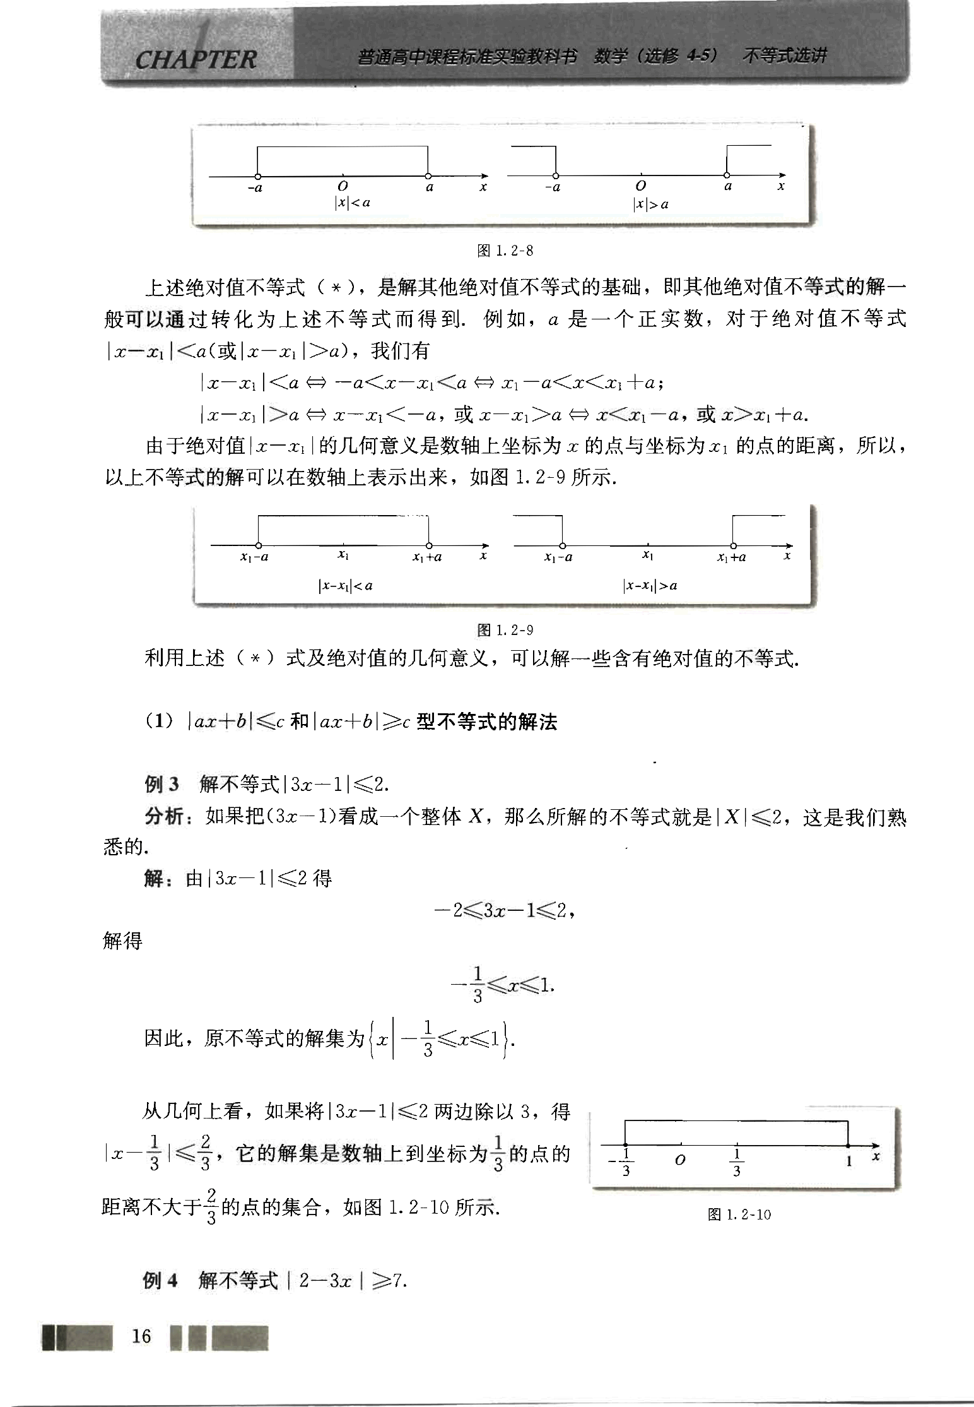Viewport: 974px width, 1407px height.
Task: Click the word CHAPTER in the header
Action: click(x=196, y=59)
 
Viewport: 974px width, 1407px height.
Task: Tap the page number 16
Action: click(x=141, y=1336)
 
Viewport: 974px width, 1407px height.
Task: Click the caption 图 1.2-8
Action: click(x=505, y=251)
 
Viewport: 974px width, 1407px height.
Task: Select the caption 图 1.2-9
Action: click(x=505, y=629)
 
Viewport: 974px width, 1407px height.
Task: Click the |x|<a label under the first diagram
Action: click(x=352, y=203)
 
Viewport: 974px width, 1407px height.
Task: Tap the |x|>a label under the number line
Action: click(x=650, y=204)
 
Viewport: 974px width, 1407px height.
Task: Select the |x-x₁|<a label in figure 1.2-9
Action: click(x=345, y=585)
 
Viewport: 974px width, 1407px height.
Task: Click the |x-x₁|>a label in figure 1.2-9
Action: click(x=650, y=585)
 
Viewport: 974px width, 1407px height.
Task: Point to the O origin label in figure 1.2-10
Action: click(x=679, y=1160)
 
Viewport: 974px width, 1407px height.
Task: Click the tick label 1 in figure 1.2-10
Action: click(x=848, y=1160)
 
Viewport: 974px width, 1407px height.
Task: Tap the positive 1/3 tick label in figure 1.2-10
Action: click(x=736, y=1161)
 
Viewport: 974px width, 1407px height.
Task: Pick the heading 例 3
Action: click(x=161, y=784)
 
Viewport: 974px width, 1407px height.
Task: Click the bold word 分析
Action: click(x=164, y=816)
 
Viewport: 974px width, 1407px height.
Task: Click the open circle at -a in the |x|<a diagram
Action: click(x=257, y=176)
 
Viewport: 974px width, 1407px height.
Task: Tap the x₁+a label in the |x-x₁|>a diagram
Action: click(x=732, y=557)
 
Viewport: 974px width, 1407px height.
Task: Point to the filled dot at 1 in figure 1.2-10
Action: click(x=848, y=1144)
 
